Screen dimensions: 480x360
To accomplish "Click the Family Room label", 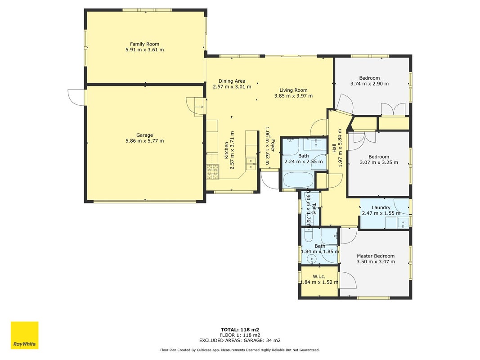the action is coord(144,44).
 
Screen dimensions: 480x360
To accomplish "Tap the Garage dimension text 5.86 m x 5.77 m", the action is coord(144,141).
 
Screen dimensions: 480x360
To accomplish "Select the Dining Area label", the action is coord(232,81).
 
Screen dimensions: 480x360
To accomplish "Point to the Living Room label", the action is coord(293,90).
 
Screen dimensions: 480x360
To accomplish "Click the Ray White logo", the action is coord(24,335).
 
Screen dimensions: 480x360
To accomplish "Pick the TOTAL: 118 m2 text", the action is coord(240,330).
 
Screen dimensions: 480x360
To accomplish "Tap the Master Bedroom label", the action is coord(376,256).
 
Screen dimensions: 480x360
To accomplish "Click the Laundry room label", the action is coord(381,207).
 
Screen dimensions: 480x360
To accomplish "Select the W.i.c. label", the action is coord(319,276).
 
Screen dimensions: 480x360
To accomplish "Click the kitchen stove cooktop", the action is coord(213,172).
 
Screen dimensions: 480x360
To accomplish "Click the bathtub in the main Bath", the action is coord(298,180).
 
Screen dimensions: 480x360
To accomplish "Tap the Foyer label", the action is coord(272,146).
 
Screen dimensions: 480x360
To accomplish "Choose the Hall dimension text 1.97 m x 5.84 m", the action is coord(340,148).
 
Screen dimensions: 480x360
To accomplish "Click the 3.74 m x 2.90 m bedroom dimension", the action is coord(369,84).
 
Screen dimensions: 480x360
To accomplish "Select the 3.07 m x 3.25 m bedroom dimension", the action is coord(379,162).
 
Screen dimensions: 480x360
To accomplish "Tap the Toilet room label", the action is coord(314,209).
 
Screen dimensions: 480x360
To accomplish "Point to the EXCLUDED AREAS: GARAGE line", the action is coord(240,340).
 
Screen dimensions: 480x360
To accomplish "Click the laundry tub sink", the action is coord(403,222).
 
